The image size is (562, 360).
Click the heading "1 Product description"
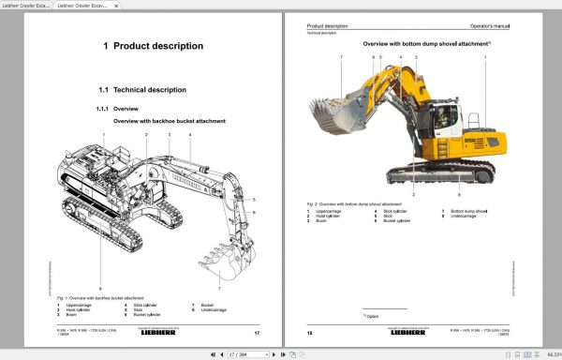[153, 46]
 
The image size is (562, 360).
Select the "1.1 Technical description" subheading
[142, 90]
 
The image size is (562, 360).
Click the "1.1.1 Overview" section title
[118, 109]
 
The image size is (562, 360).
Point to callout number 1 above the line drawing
[104, 135]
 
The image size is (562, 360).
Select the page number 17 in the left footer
[257, 333]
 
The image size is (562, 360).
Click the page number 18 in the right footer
[310, 333]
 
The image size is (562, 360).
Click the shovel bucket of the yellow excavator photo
[329, 116]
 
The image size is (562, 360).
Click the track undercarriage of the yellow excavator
[440, 172]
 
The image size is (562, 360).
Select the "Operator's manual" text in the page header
[489, 24]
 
